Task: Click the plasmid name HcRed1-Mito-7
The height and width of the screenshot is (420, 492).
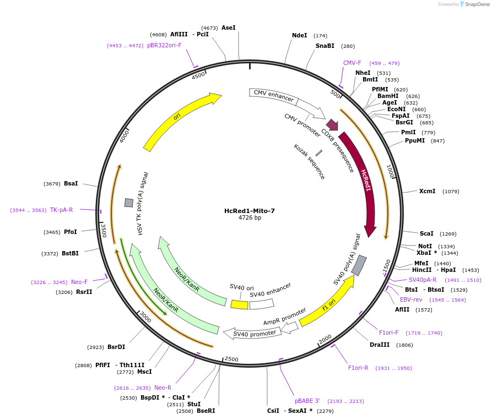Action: click(250, 211)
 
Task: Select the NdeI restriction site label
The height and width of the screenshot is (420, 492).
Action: click(300, 35)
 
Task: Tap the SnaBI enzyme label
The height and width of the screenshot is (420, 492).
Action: click(325, 46)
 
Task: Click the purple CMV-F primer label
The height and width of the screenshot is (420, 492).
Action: click(352, 63)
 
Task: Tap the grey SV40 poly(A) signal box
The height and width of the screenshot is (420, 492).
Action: click(359, 265)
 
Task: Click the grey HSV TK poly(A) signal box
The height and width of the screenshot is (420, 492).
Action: click(129, 203)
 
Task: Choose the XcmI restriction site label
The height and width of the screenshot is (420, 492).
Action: click(428, 191)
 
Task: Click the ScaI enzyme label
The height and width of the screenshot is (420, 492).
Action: click(426, 233)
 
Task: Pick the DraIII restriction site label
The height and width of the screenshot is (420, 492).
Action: click(380, 345)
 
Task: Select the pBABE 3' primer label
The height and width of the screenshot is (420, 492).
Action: click(307, 401)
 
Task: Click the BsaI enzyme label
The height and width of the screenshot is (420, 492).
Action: click(71, 183)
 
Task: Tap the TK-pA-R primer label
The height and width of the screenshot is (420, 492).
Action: click(61, 210)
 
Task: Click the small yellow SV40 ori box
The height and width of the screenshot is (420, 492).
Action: click(239, 304)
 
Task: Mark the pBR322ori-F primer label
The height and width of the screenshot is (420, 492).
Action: click(164, 45)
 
